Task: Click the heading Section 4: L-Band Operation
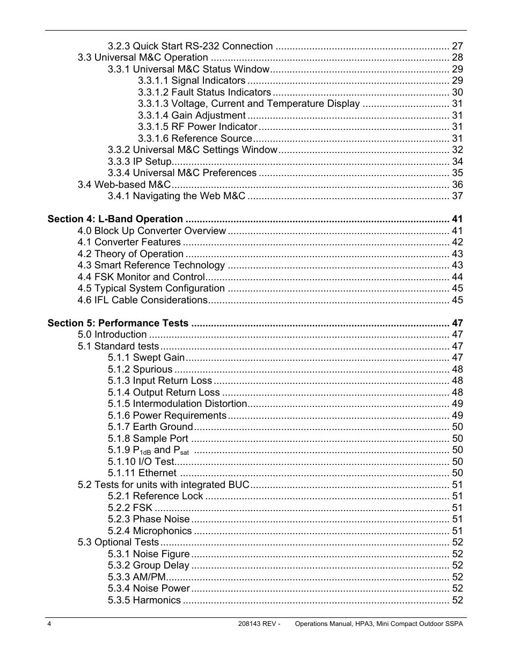(x=115, y=219)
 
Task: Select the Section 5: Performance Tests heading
(x=118, y=323)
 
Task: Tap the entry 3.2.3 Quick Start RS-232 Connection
(x=190, y=46)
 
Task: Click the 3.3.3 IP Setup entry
(x=139, y=162)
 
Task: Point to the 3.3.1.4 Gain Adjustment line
(x=192, y=115)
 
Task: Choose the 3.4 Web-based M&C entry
(x=124, y=185)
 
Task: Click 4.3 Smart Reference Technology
(x=151, y=265)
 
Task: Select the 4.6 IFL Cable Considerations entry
(x=142, y=300)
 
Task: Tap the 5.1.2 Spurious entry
(x=140, y=369)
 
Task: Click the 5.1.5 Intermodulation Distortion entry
(x=177, y=404)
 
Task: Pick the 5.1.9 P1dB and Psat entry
(x=148, y=450)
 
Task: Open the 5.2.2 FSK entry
(x=130, y=508)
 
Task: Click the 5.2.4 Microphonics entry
(x=149, y=531)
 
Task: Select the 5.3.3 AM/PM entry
(x=136, y=577)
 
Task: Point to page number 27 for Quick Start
(x=457, y=46)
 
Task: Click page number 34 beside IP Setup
(x=457, y=162)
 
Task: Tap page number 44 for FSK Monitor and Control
(x=457, y=277)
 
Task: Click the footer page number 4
(x=49, y=624)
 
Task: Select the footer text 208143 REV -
(x=259, y=624)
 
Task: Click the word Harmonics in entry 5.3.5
(x=157, y=600)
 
